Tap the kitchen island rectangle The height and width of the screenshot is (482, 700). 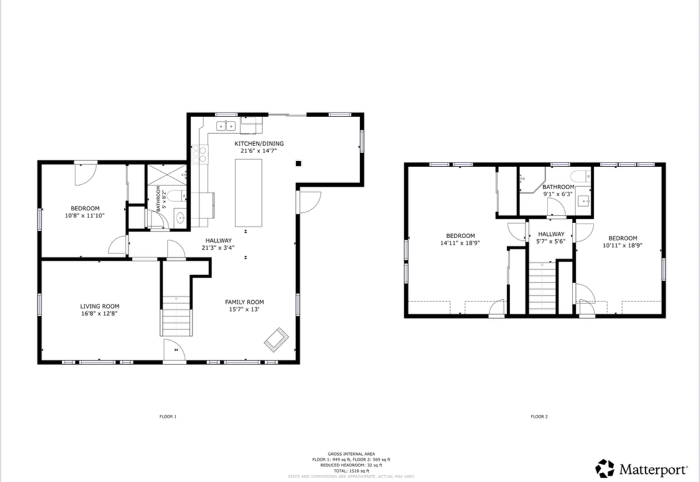[x=248, y=193]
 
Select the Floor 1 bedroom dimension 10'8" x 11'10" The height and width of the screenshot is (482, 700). [x=85, y=215]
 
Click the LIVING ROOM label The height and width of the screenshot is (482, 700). [x=100, y=306]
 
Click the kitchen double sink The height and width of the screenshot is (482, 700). [x=226, y=126]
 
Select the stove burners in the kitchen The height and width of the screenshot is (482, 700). [x=200, y=154]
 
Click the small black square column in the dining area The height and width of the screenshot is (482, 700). [x=299, y=164]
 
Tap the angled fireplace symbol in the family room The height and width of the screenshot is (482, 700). [x=276, y=338]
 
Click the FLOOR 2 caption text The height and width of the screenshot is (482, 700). [x=539, y=417]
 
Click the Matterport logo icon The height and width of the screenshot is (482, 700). [x=604, y=468]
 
